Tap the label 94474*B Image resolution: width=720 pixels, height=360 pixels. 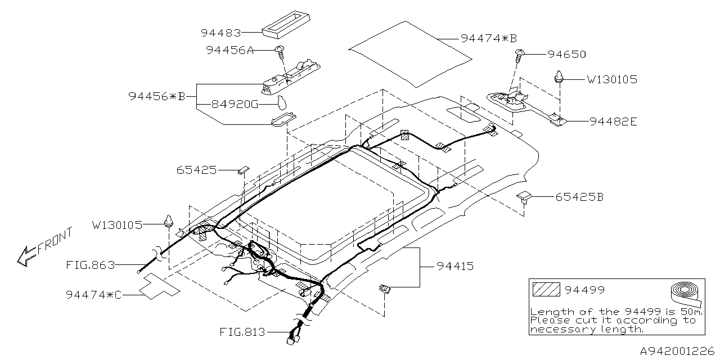[488, 38]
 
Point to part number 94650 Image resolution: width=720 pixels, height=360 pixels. [566, 55]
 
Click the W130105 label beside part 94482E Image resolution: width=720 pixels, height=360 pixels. [612, 80]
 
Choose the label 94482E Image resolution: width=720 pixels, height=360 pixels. [613, 121]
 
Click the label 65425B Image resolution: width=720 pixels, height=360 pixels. [579, 197]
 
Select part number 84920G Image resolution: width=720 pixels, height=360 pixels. [235, 104]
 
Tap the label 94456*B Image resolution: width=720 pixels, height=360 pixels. [156, 96]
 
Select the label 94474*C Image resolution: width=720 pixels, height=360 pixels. [94, 294]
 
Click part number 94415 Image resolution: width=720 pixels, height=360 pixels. [453, 266]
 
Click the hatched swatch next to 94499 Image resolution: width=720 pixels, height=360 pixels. [546, 290]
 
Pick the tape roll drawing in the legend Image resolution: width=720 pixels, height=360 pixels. [687, 295]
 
